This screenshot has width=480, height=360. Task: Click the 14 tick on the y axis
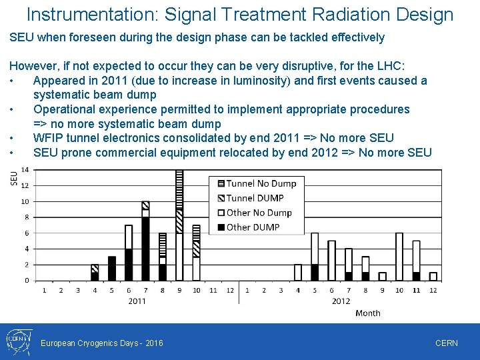click(25, 170)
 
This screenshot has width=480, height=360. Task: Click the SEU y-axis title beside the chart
click(14, 178)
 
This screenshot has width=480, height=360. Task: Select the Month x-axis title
click(368, 313)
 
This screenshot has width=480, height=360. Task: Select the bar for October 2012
click(399, 257)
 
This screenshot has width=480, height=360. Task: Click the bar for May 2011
click(111, 268)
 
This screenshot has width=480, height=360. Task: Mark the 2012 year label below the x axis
click(341, 301)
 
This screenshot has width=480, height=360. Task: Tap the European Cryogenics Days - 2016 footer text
click(102, 343)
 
